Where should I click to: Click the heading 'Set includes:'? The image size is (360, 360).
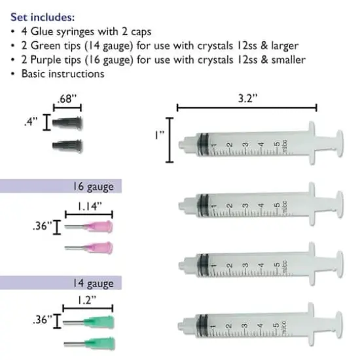(x=43, y=17)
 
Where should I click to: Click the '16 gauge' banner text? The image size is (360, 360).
(x=94, y=187)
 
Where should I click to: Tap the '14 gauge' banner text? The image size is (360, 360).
(x=94, y=283)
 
